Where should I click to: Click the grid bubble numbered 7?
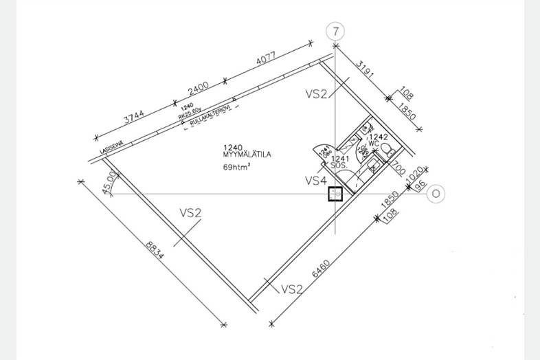tap(335, 31)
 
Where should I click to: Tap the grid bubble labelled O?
tap(436, 194)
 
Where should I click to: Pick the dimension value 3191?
tap(367, 74)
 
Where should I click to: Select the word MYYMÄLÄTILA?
tap(247, 155)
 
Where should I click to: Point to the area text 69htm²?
tap(236, 167)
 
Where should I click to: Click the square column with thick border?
tap(335, 195)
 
